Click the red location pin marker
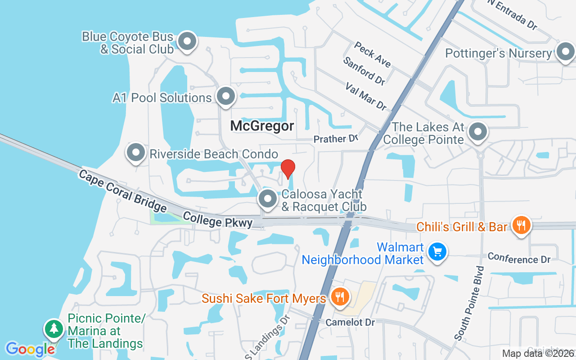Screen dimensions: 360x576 pos(288,169)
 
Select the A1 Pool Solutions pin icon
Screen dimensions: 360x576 pos(225,96)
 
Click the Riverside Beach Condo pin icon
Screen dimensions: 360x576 pos(135,153)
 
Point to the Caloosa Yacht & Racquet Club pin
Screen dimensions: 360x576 pos(268,198)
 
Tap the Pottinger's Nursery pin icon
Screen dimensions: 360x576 pos(565,52)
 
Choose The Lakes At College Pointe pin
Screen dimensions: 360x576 pos(478,132)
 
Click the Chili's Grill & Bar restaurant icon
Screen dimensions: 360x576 pos(521,225)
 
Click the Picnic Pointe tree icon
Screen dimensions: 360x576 pos(54,328)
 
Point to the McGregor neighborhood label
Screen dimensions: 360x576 pos(262,126)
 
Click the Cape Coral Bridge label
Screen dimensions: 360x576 pos(122,191)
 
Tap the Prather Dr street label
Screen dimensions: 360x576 pos(335,139)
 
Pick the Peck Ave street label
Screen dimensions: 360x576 pos(372,54)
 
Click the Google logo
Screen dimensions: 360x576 pos(30,349)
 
